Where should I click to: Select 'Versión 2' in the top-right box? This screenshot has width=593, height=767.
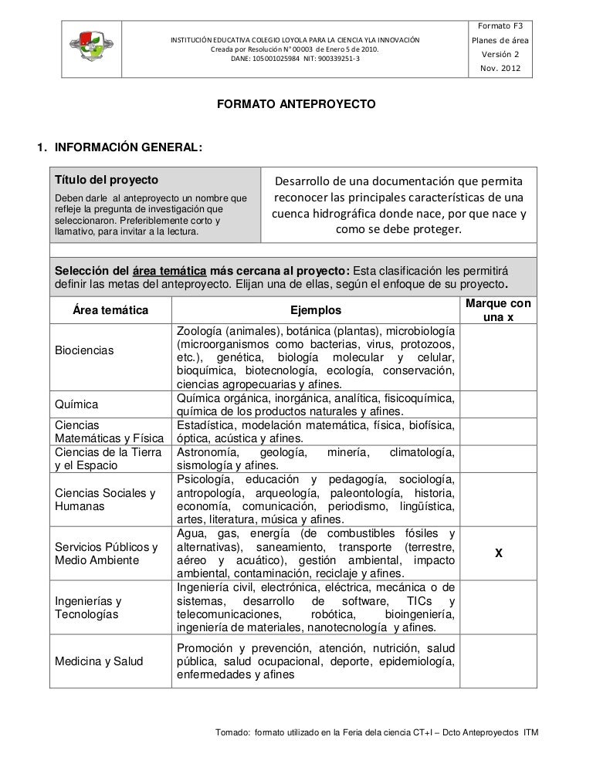pyautogui.click(x=500, y=55)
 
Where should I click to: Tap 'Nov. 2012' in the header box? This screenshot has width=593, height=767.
pyautogui.click(x=500, y=69)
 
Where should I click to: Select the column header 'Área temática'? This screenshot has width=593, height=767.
pyautogui.click(x=110, y=310)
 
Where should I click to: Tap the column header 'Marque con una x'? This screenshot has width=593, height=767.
pyautogui.click(x=499, y=310)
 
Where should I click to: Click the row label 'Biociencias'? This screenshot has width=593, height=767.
pyautogui.click(x=84, y=351)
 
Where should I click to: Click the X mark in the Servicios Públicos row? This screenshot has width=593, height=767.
pyautogui.click(x=500, y=553)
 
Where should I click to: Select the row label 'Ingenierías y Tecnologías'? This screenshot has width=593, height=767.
pyautogui.click(x=87, y=607)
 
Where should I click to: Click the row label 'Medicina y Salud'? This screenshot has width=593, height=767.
pyautogui.click(x=97, y=661)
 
